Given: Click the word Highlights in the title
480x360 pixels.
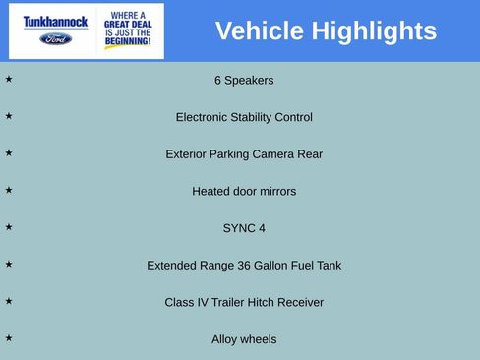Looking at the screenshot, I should coord(374,31).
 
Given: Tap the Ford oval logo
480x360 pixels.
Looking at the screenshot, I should coord(56,38).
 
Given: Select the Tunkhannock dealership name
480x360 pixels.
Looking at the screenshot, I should coord(56,22).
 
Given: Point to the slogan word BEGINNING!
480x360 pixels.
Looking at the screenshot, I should coord(128,42).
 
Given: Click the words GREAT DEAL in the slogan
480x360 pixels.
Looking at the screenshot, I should coord(128,25).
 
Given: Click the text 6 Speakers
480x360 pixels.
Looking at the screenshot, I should coord(244,80).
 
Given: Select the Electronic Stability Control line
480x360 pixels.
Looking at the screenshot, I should coord(244,117).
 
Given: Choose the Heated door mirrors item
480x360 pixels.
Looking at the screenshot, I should coord(244,191).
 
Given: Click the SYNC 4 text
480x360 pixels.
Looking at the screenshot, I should coord(244,228).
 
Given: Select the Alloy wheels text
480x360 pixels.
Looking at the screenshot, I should coord(244,339).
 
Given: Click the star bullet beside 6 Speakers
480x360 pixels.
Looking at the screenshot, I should coord(9,79).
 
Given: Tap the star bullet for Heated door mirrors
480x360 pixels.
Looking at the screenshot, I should coord(9,190).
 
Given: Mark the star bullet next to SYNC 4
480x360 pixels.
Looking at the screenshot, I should coord(9,227).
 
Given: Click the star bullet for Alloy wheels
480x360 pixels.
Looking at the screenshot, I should coord(9,338).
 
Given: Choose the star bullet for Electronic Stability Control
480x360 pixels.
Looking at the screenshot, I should coord(9,116).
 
